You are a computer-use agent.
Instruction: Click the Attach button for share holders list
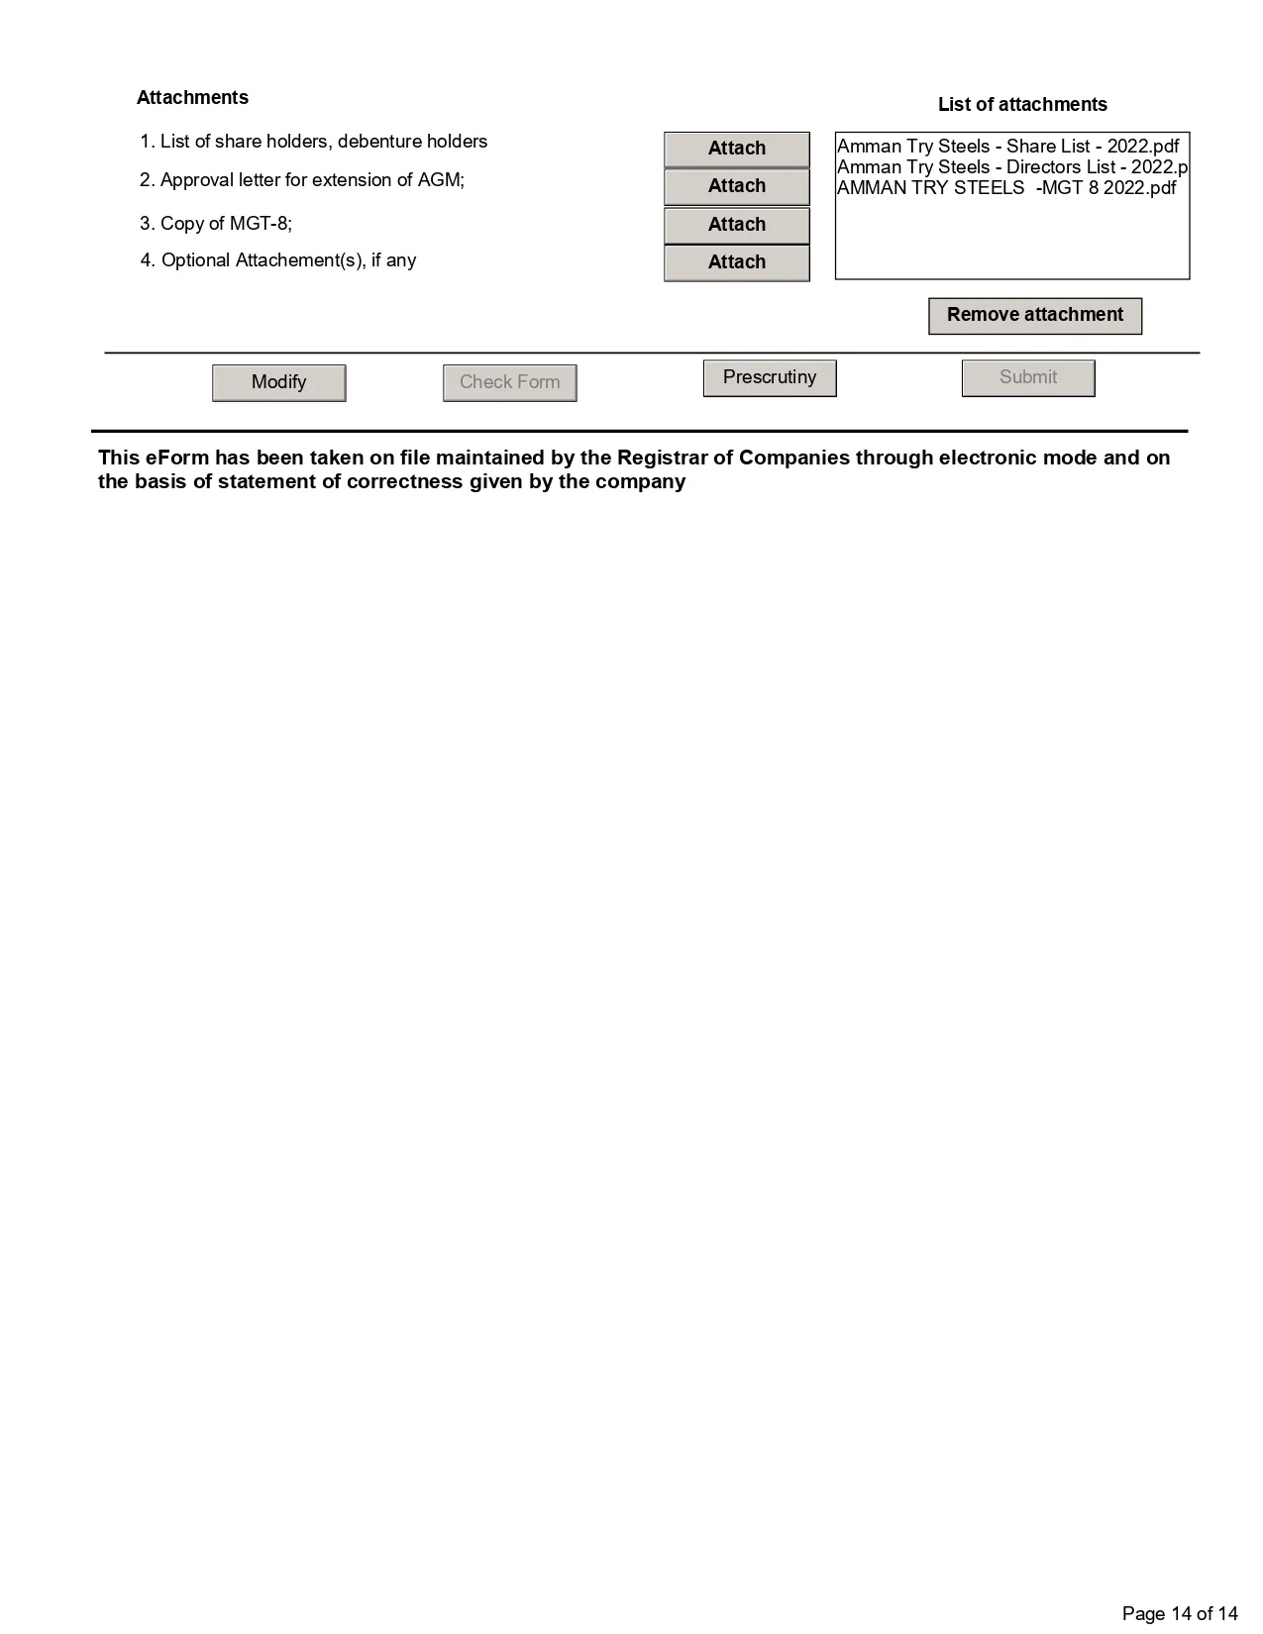pos(736,149)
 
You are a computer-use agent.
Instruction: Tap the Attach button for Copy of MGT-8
pos(736,225)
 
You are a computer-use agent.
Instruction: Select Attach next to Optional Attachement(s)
pos(736,262)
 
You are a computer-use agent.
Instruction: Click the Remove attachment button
pos(1034,315)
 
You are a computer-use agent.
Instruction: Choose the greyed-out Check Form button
pos(509,382)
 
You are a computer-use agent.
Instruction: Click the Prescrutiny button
pos(769,377)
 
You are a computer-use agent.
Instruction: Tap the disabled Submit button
pos(1027,377)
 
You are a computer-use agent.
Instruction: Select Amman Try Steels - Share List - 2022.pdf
pos(1007,147)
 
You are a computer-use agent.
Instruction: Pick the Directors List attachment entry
pos(1010,167)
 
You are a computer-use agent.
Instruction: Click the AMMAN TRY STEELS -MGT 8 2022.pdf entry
pos(1005,188)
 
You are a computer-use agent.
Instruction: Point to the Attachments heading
pos(192,98)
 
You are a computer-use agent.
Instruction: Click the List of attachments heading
pos(1022,105)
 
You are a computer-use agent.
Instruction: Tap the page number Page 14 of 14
pos(1180,1614)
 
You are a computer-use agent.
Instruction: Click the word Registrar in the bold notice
pos(661,458)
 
